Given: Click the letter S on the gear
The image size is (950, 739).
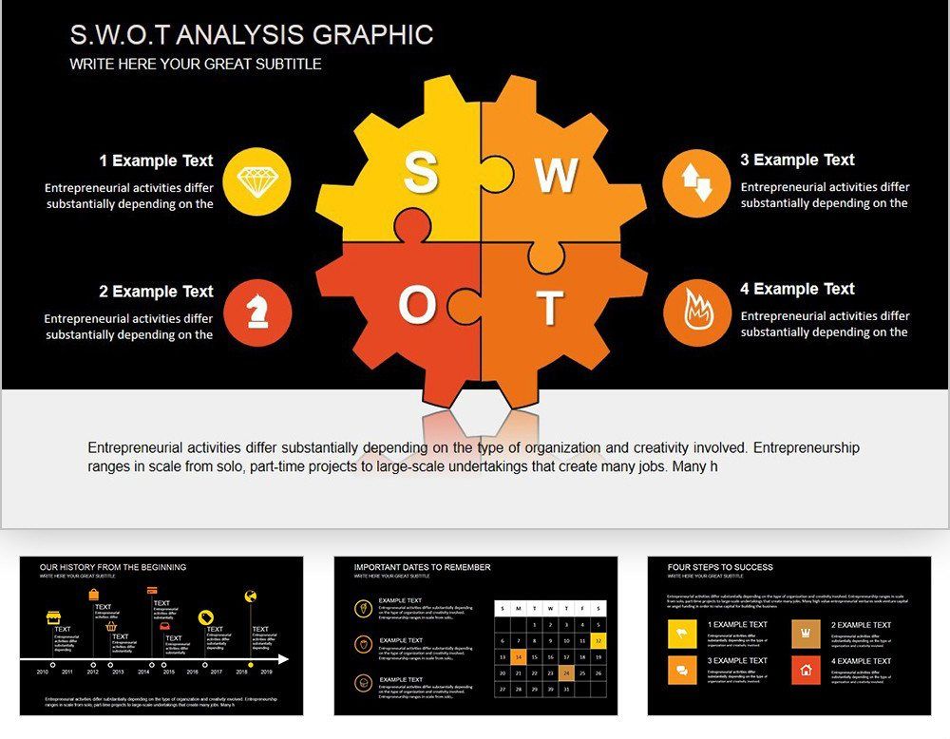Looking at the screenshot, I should click(421, 174).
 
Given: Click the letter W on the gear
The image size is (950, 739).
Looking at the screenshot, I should click(556, 176).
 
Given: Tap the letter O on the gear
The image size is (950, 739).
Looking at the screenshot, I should click(416, 306).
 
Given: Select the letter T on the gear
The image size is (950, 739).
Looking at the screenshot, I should click(550, 308).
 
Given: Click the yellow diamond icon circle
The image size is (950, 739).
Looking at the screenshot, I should click(256, 181).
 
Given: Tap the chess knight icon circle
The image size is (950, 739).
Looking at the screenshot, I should click(256, 313).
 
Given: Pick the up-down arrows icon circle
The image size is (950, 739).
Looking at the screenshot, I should click(696, 181).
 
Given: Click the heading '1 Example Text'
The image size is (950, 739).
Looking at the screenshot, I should click(157, 161).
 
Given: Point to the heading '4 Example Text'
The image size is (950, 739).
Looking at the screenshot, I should click(798, 289).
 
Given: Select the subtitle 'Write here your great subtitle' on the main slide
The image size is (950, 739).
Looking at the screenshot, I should click(196, 65).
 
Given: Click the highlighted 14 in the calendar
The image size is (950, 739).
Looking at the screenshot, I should click(518, 656).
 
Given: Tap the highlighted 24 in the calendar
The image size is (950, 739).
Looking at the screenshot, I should click(566, 673).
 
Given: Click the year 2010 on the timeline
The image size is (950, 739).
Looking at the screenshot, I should click(42, 672).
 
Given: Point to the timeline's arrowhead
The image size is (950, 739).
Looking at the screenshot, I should click(283, 658).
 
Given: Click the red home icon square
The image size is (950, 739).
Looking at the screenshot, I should click(806, 670).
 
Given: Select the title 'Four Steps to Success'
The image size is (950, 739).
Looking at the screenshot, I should click(720, 567).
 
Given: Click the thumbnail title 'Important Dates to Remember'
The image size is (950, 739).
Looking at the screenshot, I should click(423, 567).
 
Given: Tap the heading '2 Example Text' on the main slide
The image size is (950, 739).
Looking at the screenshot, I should click(157, 292).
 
